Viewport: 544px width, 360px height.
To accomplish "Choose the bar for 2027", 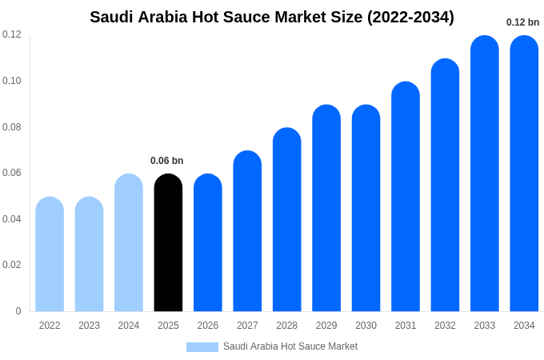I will pyautogui.click(x=247, y=231).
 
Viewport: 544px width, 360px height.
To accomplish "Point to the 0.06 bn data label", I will pyautogui.click(x=166, y=161).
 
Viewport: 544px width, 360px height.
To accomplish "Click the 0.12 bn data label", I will pyautogui.click(x=522, y=22).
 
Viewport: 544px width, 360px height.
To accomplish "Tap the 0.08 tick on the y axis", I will pyautogui.click(x=12, y=127).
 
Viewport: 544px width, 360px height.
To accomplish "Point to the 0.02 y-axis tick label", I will pyautogui.click(x=12, y=265).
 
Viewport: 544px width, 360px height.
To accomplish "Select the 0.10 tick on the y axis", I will pyautogui.click(x=12, y=81).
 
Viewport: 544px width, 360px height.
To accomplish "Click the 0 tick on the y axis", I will pyautogui.click(x=18, y=311).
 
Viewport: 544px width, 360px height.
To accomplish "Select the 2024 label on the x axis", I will pyautogui.click(x=129, y=326).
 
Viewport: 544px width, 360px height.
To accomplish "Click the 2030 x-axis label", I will pyautogui.click(x=366, y=326).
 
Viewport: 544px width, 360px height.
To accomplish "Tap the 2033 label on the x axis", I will pyautogui.click(x=484, y=326).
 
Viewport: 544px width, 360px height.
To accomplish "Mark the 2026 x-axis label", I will pyautogui.click(x=208, y=326).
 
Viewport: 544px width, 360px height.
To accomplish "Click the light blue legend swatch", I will pyautogui.click(x=202, y=346).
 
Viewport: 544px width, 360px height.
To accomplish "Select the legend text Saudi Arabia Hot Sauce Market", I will pyautogui.click(x=290, y=346).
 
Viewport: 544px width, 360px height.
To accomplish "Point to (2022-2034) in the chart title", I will pyautogui.click(x=410, y=17).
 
